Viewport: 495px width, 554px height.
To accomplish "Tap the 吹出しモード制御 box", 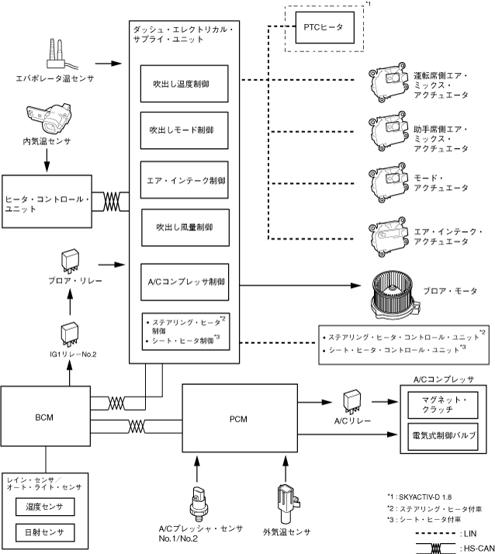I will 184,132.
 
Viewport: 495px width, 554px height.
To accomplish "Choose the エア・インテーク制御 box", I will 184,180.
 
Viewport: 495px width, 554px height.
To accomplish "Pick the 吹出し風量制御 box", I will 184,227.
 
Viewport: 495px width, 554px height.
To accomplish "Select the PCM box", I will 238,417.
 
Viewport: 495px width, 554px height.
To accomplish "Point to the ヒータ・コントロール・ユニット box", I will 47,201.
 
